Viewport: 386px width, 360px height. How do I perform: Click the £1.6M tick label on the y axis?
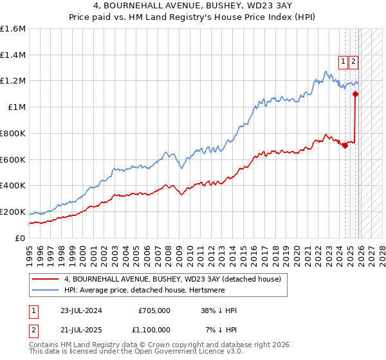[x=13, y=29]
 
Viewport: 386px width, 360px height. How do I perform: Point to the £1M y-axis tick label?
[x=17, y=107]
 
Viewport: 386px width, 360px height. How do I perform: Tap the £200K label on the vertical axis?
[x=13, y=212]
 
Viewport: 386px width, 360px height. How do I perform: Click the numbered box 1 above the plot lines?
[x=344, y=62]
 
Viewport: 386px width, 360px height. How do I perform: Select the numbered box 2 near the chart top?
[x=354, y=62]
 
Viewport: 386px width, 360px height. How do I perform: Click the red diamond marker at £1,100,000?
[x=356, y=94]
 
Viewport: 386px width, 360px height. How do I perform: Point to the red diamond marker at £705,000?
[x=345, y=145]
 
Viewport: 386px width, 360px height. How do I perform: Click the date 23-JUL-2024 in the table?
[x=82, y=310]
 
